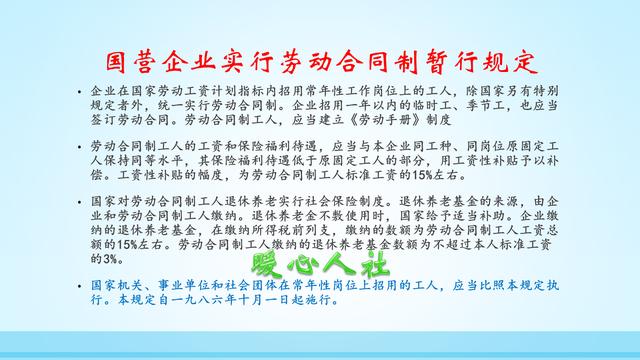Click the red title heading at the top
(x=320, y=58)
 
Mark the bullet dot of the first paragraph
(x=79, y=88)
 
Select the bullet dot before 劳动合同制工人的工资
(x=79, y=145)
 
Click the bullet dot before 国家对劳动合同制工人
(x=79, y=200)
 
